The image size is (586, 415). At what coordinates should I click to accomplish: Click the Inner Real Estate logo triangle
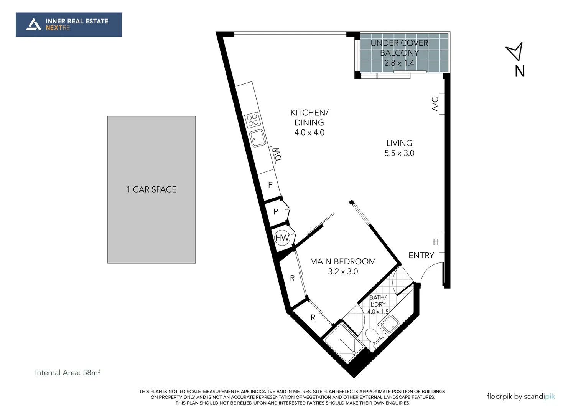click(x=33, y=24)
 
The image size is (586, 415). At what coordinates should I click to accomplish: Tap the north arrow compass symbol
click(x=515, y=51)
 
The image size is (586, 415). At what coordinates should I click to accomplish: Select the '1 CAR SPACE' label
click(x=151, y=189)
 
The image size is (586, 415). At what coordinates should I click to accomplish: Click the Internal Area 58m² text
click(x=67, y=372)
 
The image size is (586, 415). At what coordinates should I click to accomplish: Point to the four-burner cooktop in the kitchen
click(x=253, y=120)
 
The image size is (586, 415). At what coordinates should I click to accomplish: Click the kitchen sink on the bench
click(x=257, y=138)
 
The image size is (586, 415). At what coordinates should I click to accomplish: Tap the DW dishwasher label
click(x=278, y=154)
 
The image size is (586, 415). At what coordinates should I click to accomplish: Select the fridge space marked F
click(x=270, y=185)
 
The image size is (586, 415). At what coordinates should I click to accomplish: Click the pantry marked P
click(x=275, y=211)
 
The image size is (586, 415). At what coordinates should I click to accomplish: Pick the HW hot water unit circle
click(x=282, y=238)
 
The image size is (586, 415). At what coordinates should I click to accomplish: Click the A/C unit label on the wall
click(x=435, y=104)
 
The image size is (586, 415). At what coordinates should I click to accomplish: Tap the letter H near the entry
click(x=436, y=242)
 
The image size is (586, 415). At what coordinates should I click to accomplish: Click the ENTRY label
click(x=421, y=256)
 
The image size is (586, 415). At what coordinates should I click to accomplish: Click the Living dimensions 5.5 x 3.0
click(x=399, y=153)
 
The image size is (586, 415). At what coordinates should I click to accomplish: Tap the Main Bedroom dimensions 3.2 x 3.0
click(x=343, y=272)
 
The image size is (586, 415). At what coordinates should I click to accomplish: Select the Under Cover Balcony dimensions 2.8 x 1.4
click(x=399, y=63)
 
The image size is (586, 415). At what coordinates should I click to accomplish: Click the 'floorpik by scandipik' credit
click(x=520, y=397)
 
